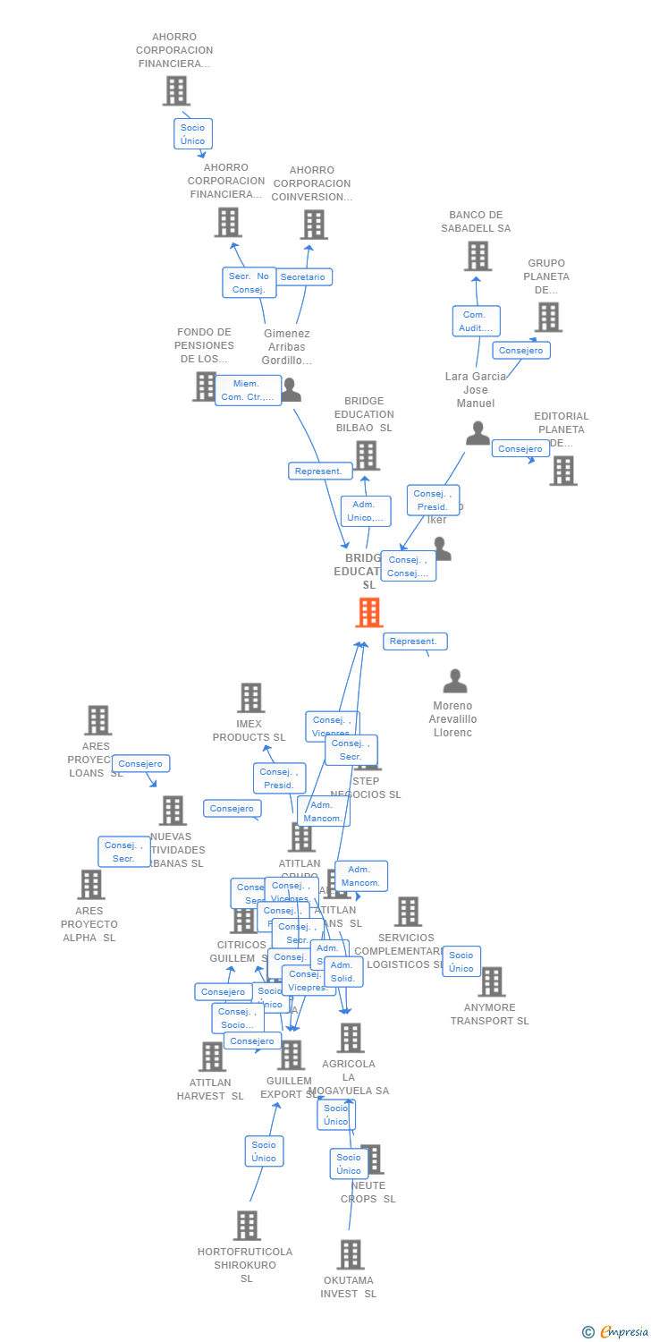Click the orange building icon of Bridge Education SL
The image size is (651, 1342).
pos(368,613)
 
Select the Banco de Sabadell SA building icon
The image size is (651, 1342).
pos(478,256)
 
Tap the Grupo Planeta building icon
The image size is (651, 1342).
pos(547,317)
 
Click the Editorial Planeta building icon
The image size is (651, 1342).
pos(562,471)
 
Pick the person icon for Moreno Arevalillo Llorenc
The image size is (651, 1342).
pos(455,682)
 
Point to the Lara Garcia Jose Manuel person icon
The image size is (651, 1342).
pos(478,434)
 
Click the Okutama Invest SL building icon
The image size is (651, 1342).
pos(351,1254)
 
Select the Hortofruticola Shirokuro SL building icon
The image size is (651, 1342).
pos(247,1226)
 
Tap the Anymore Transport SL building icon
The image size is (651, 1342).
pos(490,981)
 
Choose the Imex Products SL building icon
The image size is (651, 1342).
pos(250,698)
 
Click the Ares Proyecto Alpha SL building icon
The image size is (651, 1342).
pos(90,885)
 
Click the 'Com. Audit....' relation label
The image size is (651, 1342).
pos(476,321)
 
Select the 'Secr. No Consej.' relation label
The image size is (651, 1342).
pos(249,283)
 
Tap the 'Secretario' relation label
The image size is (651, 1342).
pos(303,277)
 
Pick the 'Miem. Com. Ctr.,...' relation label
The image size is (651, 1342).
pos(247,390)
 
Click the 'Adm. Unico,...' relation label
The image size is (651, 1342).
pos(365,511)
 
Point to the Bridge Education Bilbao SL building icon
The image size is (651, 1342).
pos(366,455)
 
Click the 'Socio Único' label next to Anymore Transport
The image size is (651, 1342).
pos(461,962)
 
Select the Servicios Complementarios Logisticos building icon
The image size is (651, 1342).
pos(408,912)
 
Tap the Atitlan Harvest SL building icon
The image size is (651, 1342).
pos(212,1057)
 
